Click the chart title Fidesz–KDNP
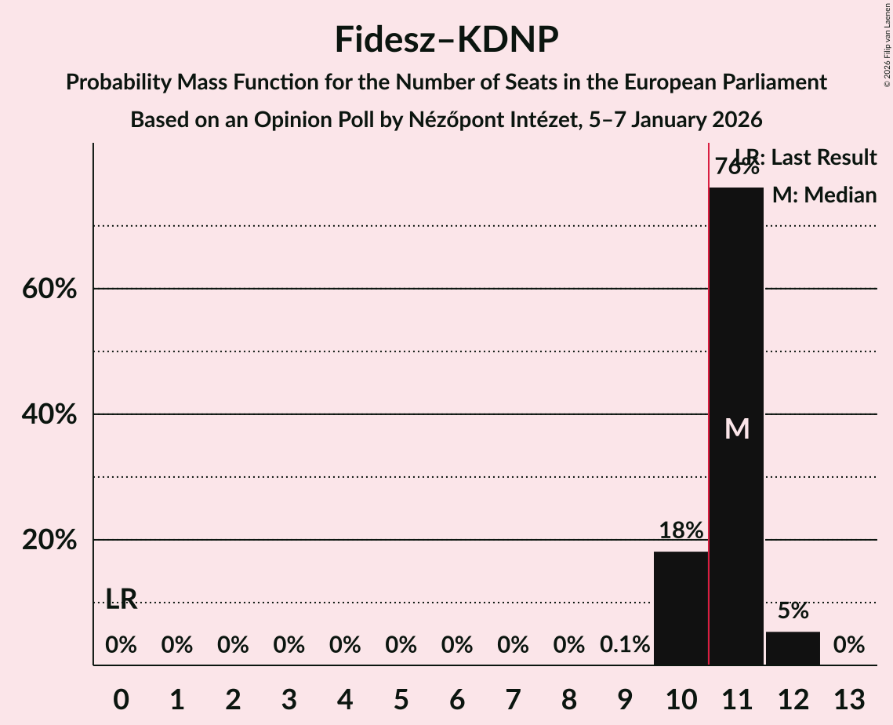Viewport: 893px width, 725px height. (446, 39)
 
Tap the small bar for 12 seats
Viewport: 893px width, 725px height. (793, 648)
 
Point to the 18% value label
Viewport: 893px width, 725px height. (681, 531)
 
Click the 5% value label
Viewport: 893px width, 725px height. (793, 611)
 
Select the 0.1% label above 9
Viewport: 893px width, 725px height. (625, 645)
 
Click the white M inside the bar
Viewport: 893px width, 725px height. (737, 428)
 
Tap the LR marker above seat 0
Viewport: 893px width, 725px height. (122, 600)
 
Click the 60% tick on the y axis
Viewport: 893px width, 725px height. (49, 290)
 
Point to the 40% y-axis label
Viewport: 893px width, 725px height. (49, 415)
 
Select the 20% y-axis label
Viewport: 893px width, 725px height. (49, 541)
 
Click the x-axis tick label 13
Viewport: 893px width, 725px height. (848, 699)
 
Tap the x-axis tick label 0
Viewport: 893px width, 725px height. (121, 699)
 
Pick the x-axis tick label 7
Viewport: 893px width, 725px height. (513, 699)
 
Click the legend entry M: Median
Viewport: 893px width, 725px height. (824, 195)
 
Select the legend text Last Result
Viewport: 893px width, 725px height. (823, 158)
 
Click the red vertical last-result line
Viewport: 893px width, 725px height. (709, 392)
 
